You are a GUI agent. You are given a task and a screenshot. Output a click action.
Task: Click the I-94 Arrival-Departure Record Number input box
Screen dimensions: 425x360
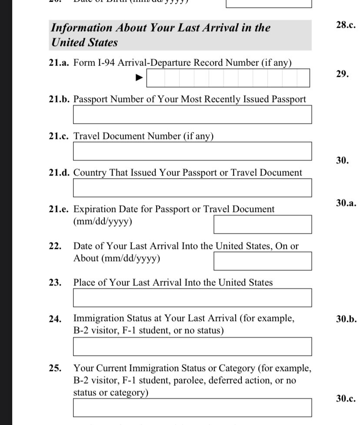[228, 78]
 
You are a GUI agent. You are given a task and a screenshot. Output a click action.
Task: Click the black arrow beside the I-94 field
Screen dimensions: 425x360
[139, 78]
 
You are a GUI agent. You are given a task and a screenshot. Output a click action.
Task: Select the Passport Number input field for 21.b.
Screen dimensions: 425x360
[192, 115]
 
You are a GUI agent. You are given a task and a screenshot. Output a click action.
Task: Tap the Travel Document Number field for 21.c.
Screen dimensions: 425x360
[192, 151]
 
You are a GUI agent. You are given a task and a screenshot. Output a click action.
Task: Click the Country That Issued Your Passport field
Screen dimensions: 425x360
[192, 188]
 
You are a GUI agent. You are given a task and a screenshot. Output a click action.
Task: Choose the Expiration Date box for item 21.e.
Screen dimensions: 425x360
[262, 224]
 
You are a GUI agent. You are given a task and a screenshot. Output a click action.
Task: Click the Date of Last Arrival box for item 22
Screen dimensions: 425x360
[262, 261]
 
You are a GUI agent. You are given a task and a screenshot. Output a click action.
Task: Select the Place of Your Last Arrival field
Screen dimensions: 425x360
[192, 298]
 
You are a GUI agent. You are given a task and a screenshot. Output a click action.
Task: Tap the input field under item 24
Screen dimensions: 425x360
[192, 347]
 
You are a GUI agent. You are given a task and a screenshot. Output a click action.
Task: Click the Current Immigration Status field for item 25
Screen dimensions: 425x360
[192, 408]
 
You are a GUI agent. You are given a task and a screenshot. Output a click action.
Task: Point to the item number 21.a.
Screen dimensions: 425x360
[59, 63]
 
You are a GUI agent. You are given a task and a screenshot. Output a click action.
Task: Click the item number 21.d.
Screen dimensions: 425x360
[59, 173]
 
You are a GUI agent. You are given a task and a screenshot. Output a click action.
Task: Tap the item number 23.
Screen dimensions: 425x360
[55, 283]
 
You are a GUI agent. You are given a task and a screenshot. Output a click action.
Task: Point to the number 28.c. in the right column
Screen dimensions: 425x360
[346, 25]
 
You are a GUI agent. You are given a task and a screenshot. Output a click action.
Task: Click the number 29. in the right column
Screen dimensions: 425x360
[342, 74]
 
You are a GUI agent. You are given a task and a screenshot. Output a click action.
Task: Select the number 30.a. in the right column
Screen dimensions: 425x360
[346, 202]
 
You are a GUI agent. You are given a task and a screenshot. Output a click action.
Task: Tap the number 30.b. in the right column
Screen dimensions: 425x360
[346, 319]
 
